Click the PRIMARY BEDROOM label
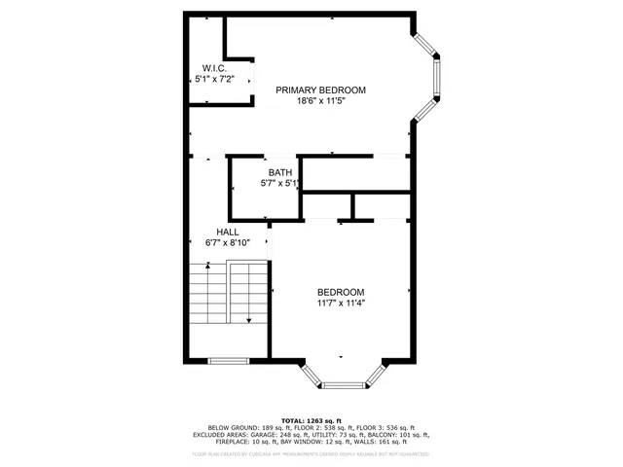tap(320, 90)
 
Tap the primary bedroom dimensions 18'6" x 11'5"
tap(320, 101)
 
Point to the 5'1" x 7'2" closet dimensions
tap(215, 79)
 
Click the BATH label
tap(280, 172)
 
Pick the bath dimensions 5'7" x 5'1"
tap(280, 183)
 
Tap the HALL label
tap(228, 233)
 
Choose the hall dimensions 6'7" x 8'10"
tap(228, 243)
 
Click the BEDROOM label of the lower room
tap(341, 293)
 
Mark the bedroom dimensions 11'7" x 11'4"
tap(341, 304)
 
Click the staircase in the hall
tap(227, 297)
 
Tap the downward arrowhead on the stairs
tap(250, 320)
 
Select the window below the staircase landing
tap(228, 361)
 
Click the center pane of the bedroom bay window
tap(342, 384)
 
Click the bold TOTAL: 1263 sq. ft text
tap(311, 419)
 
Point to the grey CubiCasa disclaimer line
tap(311, 453)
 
